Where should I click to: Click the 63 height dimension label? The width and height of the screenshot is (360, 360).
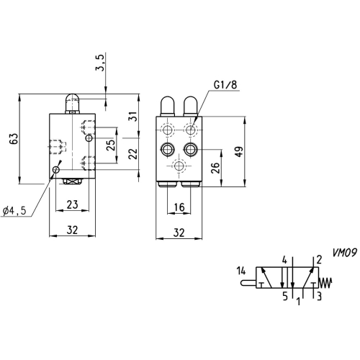pos(14,138)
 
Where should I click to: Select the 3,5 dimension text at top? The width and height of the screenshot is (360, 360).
pos(100,63)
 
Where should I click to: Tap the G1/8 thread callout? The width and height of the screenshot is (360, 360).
pos(225,85)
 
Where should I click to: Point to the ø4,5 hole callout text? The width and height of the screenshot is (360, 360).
pos(14,211)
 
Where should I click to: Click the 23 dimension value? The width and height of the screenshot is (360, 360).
pos(72,204)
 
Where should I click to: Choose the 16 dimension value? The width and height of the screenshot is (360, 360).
pos(179,207)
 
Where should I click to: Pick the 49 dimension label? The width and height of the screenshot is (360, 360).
pos(239,151)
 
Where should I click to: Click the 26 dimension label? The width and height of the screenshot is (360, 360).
pos(215,168)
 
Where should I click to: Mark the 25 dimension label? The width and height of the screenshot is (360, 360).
pos(111,145)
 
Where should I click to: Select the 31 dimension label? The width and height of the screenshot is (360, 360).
pos(134,117)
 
